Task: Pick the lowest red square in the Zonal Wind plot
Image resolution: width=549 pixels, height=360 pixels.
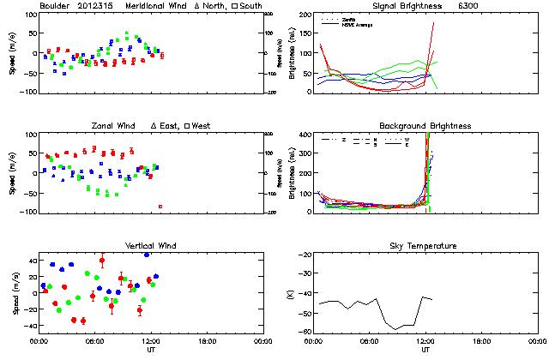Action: (160, 207)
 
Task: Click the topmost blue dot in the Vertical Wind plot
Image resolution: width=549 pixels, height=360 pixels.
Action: (147, 255)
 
